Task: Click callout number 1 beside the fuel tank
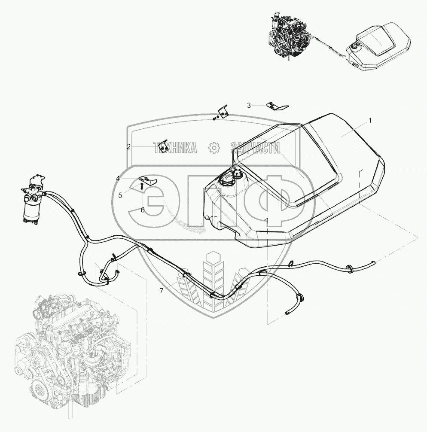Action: (x=370, y=121)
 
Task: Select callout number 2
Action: (x=128, y=147)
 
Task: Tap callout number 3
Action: (x=249, y=105)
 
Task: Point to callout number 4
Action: (x=130, y=178)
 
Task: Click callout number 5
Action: (x=120, y=195)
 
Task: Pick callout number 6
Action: (x=142, y=210)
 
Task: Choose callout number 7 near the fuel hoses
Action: (x=161, y=291)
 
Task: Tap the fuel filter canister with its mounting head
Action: (x=33, y=202)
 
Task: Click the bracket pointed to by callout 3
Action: (x=273, y=106)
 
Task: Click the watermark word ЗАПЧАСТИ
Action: (x=255, y=148)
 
